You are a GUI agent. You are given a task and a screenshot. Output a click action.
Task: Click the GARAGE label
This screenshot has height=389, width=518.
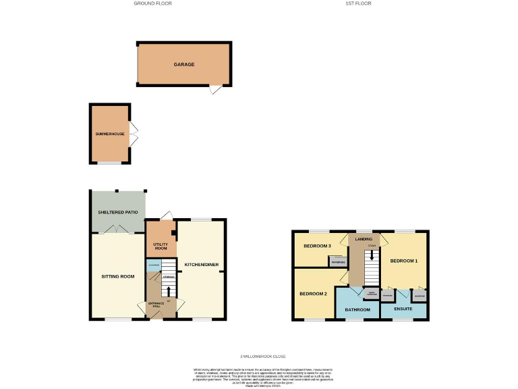(x=184, y=64)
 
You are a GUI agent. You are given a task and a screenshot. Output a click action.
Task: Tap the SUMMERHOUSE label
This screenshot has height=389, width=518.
(x=109, y=134)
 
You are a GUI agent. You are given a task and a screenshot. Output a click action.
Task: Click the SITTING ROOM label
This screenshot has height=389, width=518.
(x=119, y=276)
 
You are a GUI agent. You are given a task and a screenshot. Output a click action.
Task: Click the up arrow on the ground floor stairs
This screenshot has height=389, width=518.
(x=167, y=290)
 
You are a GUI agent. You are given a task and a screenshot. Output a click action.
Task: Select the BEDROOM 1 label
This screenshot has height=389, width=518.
(x=405, y=260)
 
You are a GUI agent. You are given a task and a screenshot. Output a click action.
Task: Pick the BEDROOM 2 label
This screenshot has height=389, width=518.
(x=314, y=294)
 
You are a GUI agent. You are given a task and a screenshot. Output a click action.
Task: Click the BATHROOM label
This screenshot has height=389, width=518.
(x=357, y=310)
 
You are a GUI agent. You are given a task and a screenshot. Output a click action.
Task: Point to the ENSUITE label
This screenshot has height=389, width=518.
(x=403, y=310)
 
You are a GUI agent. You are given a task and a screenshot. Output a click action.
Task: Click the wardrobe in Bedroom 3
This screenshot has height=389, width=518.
(x=339, y=262)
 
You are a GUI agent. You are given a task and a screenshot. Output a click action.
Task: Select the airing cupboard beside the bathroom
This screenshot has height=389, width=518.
(x=371, y=294)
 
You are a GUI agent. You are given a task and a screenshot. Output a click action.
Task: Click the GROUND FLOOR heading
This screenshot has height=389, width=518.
(x=152, y=3)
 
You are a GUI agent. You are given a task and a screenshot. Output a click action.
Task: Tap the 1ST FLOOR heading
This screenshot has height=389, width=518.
(x=358, y=3)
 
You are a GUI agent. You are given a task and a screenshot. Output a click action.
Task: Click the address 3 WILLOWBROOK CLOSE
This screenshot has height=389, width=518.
(x=263, y=356)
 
